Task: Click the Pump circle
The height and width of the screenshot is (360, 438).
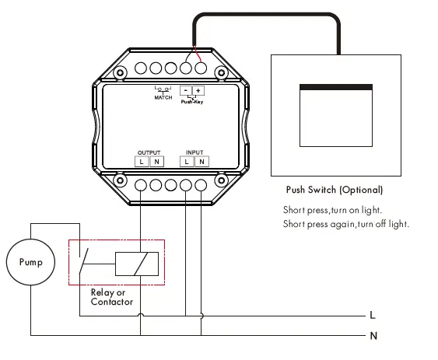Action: (x=31, y=262)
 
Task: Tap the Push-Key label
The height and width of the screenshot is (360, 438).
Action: (x=192, y=102)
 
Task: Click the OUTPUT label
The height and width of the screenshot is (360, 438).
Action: (x=149, y=152)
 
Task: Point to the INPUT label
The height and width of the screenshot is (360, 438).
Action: (x=194, y=152)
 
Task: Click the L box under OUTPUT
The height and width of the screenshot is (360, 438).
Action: (x=142, y=162)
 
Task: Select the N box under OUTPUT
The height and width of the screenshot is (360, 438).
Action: (x=156, y=162)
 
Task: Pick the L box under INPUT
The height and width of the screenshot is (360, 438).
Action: (x=187, y=162)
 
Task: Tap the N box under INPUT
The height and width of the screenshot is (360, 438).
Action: (x=201, y=162)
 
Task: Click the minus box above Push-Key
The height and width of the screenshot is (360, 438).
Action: (x=186, y=91)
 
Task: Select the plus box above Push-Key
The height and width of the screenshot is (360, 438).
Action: (x=199, y=91)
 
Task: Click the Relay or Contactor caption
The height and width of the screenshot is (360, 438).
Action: (x=112, y=297)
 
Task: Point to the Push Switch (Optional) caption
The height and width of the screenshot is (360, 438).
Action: (x=335, y=190)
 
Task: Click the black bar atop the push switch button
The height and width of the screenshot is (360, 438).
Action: (x=335, y=87)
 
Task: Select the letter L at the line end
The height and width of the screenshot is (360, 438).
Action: (x=373, y=316)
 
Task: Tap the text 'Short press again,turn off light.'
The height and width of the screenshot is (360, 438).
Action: (x=346, y=225)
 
